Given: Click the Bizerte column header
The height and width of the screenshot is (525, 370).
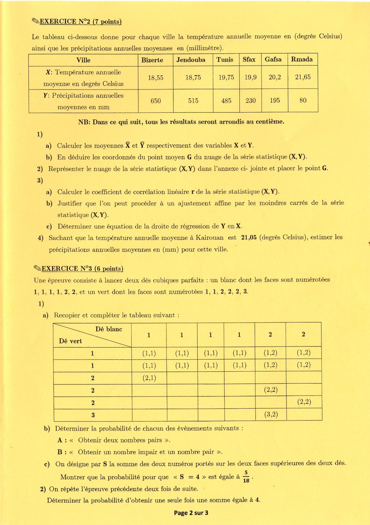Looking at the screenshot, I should (x=152, y=60).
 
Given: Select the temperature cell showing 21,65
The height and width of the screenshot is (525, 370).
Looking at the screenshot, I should (x=303, y=77).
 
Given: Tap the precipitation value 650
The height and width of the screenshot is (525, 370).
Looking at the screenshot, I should (x=156, y=101).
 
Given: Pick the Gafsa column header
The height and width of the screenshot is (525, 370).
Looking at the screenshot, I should (x=273, y=59).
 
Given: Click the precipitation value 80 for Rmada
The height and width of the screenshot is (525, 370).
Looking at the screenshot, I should (x=303, y=100).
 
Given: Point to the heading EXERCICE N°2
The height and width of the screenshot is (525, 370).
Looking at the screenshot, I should (x=80, y=22).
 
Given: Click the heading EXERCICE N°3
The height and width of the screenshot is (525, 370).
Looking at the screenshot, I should (x=82, y=269).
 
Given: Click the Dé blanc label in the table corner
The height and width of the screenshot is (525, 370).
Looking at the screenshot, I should (x=109, y=329).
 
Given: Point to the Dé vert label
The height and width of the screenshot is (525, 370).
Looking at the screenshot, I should (x=70, y=341).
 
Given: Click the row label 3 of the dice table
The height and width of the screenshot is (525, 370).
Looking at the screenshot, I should (x=93, y=415).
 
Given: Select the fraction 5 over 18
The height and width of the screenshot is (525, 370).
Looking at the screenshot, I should (x=246, y=476).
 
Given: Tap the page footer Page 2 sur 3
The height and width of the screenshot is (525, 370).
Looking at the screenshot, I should (x=191, y=513).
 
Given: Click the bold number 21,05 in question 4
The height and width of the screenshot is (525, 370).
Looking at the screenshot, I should (x=249, y=238).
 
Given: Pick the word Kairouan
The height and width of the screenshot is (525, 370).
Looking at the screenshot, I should (x=209, y=238).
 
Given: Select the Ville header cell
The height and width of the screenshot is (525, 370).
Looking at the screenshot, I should (x=83, y=60).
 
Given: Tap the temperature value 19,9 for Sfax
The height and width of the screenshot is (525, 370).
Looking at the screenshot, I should (x=250, y=77).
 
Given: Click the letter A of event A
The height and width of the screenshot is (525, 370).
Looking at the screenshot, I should (x=60, y=440).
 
